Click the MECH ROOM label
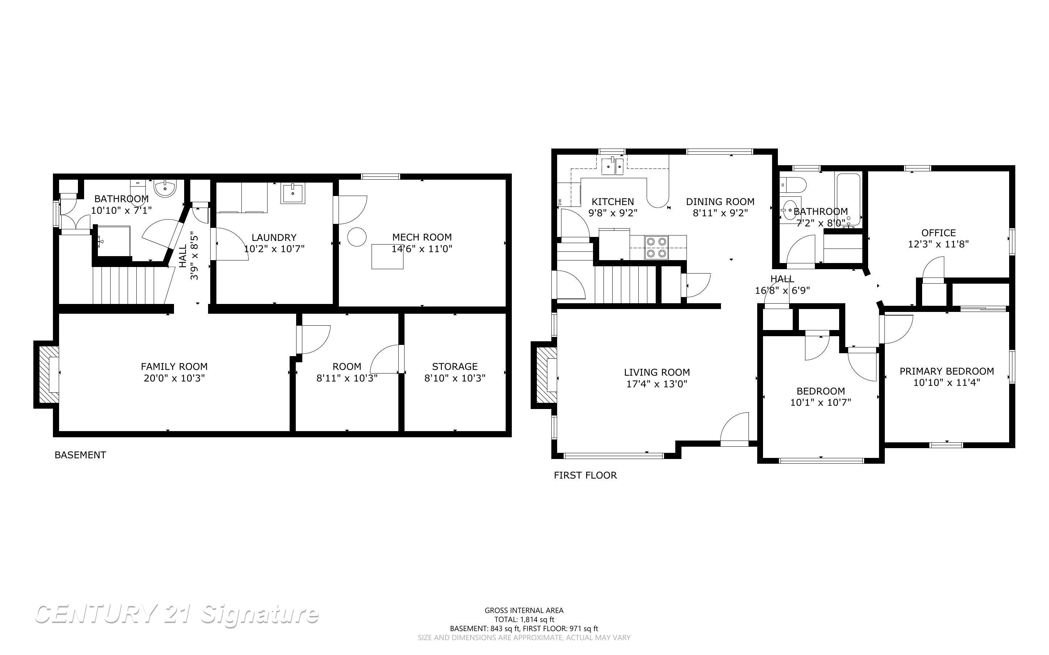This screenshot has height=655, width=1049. (x=422, y=237)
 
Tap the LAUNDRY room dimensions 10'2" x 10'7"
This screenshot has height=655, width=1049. (x=274, y=249)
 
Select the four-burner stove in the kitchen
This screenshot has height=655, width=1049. (x=656, y=248)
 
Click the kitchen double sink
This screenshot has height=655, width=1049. (x=612, y=167)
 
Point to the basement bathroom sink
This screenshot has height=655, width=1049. (x=166, y=189)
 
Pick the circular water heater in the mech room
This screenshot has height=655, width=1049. (x=357, y=237)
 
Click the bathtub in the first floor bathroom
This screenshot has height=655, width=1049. (x=848, y=199)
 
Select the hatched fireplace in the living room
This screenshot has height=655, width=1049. (x=546, y=375)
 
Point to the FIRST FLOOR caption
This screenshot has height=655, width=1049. (x=585, y=475)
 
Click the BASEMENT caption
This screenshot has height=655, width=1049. (x=80, y=455)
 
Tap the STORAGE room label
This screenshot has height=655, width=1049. (x=455, y=367)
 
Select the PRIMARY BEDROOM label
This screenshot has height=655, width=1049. (x=947, y=371)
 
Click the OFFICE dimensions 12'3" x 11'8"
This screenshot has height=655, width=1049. (x=938, y=244)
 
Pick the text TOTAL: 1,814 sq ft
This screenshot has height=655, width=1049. (x=524, y=619)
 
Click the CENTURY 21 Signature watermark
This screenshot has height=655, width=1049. (x=177, y=614)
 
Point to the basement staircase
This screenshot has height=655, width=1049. (x=124, y=285)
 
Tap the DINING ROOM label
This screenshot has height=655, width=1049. (x=720, y=202)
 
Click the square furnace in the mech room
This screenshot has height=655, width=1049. (x=387, y=256)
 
